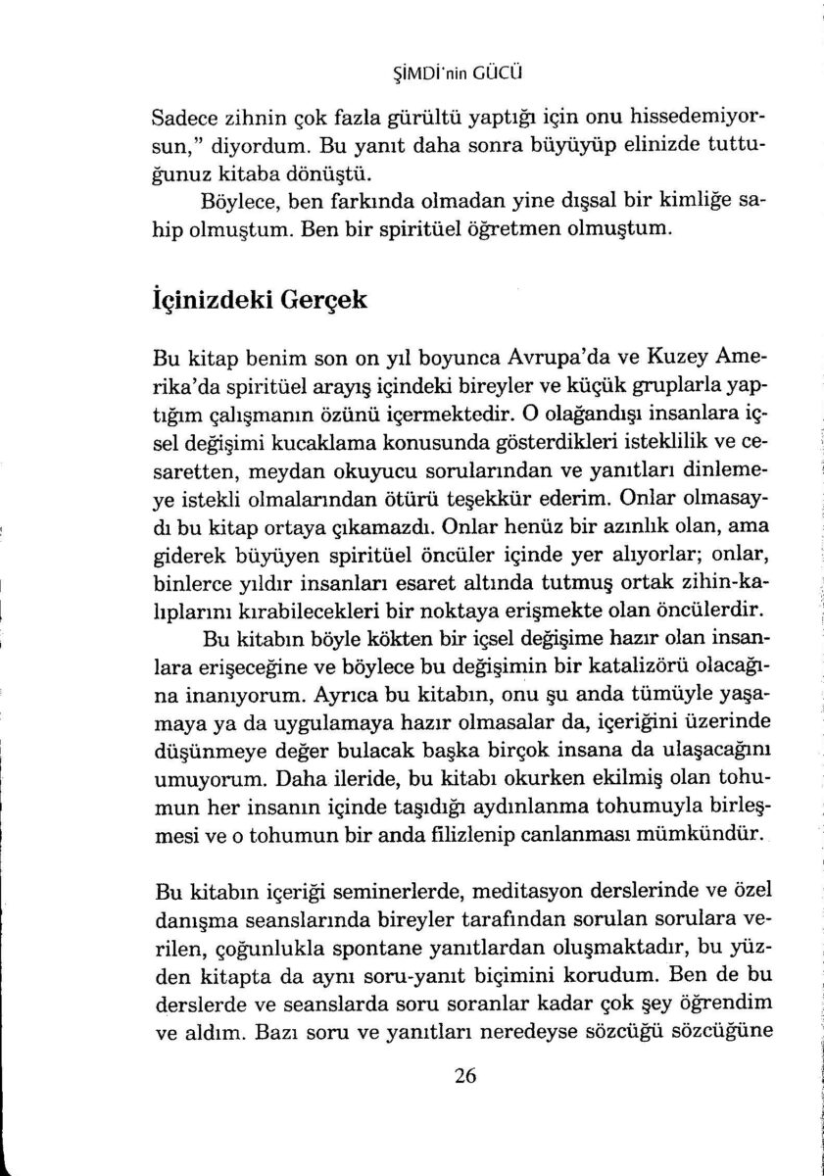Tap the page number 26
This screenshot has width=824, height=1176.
click(465, 1075)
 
